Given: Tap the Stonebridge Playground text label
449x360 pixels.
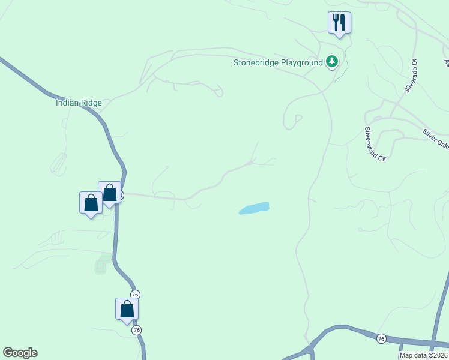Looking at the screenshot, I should (278, 62).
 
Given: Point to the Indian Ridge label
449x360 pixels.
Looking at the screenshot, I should (79, 103).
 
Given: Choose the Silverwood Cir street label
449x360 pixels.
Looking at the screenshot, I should (375, 143).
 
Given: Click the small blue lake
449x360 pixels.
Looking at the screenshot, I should (254, 208).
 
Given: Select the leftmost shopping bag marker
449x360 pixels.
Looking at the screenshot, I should (91, 203).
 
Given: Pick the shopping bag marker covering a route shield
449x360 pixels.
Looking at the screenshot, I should (109, 193).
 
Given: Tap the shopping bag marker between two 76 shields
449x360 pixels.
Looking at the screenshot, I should (127, 310).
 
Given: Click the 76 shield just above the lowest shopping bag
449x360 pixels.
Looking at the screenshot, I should (135, 294).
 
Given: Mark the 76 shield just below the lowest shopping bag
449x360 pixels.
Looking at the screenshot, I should (137, 331).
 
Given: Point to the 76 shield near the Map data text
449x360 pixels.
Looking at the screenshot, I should (381, 339).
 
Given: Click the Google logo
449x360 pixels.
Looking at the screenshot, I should (20, 353).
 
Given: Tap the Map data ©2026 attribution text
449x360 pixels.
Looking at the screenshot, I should (423, 355).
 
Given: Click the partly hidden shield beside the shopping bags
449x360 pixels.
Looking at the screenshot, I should (121, 195).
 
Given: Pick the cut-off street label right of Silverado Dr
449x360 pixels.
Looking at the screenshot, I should (447, 62).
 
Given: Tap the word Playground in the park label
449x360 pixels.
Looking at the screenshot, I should (302, 62).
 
